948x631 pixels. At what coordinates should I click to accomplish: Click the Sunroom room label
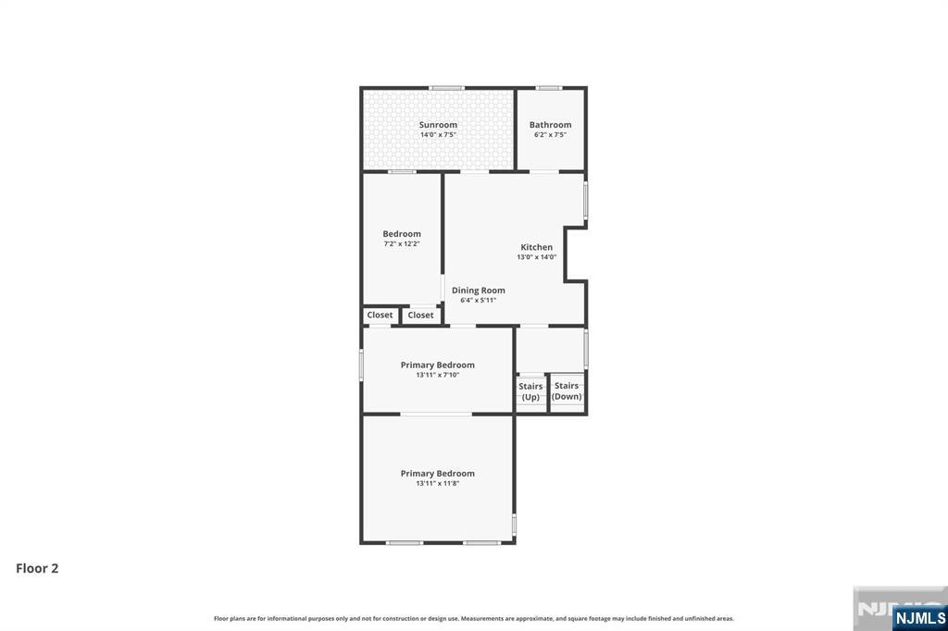pos(438,125)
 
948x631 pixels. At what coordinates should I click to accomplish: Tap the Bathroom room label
pos(550,125)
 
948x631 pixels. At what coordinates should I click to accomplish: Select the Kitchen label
pos(536,247)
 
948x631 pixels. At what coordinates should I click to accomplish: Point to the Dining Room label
pos(479,291)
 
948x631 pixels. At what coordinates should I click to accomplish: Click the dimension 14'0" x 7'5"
pos(438,135)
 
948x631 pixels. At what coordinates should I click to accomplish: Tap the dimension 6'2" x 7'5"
pos(550,135)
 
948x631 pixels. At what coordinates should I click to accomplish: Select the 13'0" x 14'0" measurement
pos(536,257)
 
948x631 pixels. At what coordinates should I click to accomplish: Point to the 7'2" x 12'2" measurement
pos(402,244)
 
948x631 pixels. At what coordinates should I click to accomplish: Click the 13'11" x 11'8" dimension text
pos(437,483)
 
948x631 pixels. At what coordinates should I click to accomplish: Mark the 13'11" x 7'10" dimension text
pos(437,375)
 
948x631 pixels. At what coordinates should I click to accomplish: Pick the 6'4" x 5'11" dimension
pos(479,300)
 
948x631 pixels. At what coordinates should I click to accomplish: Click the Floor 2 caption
pos(37,568)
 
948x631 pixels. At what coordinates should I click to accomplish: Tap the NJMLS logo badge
pos(919,617)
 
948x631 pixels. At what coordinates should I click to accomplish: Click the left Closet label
pos(380,315)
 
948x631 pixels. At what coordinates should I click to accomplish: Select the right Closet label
pos(420,315)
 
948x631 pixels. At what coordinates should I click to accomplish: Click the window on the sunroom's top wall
pos(446,88)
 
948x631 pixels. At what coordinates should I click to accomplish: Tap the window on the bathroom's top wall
pos(549,88)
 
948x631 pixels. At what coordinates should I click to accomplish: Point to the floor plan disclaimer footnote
pos(474,618)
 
